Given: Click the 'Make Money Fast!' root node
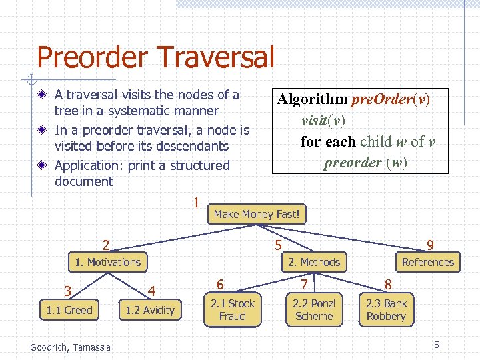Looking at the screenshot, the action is point(257,214).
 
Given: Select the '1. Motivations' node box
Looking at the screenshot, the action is point(108,262).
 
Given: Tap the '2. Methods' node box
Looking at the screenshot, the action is point(314,262).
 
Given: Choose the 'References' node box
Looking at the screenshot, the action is point(427,262).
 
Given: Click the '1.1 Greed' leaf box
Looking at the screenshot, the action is point(69,310).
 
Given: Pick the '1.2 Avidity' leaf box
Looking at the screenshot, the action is point(150,310).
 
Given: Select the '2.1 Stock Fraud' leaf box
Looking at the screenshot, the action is point(233,310).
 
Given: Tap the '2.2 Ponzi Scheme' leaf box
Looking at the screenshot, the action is point(314,310).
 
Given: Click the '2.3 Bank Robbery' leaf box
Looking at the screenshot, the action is point(386,310).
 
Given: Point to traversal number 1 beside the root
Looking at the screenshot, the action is point(196,202).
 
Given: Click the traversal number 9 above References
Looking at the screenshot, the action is point(431,245).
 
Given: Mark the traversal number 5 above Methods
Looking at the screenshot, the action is point(278,245).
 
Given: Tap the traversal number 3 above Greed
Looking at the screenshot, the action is point(67,291).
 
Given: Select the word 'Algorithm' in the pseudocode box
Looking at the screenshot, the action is point(313,100).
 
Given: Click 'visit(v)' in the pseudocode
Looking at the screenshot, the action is point(323,121).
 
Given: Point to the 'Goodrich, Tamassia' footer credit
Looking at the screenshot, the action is point(71,347).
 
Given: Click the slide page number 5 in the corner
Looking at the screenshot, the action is point(437,345).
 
